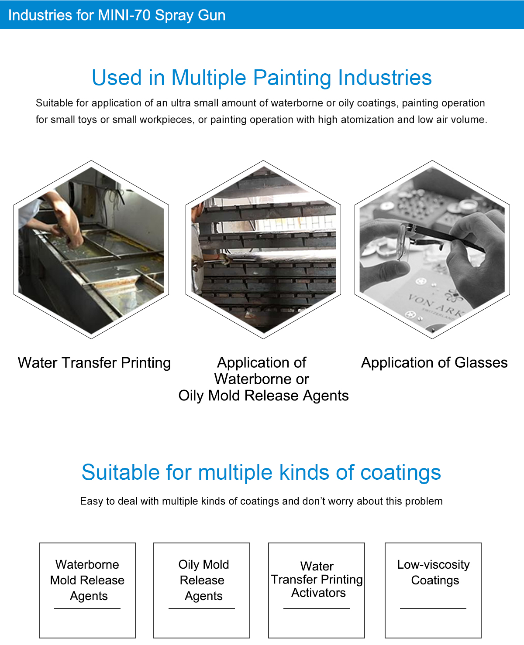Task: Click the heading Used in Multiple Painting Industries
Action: click(262, 78)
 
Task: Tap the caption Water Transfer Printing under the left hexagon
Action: click(94, 363)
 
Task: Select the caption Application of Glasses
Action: click(434, 363)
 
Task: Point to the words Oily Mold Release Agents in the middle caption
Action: click(263, 396)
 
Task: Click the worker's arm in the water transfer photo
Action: click(65, 218)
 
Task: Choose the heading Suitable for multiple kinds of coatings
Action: click(261, 473)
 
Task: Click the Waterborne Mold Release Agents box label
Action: click(87, 580)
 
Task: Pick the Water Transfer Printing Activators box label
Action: click(317, 580)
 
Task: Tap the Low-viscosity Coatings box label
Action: click(434, 572)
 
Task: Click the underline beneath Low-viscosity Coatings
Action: click(433, 609)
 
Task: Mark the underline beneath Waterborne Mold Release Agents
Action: click(87, 609)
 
